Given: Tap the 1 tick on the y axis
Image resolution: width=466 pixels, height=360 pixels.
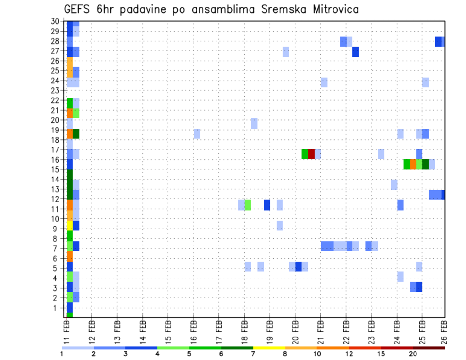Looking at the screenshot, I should pos(57,308).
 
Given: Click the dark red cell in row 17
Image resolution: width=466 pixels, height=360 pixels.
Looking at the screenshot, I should pos(311,154).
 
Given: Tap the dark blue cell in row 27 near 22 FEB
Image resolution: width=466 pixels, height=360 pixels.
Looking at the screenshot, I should pos(355,51).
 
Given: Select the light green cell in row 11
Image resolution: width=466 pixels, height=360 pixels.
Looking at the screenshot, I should pos(248,205).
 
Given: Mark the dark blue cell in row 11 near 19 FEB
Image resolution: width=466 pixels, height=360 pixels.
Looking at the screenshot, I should pos(267,205).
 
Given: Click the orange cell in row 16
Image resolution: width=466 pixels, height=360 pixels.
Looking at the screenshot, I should pos(413,164).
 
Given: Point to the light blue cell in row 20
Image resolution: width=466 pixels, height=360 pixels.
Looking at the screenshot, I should pos(254,123).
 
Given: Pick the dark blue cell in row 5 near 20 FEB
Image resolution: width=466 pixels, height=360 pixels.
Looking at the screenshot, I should pos(299,266).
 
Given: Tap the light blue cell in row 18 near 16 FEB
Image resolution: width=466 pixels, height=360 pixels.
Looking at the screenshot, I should pos(197,133).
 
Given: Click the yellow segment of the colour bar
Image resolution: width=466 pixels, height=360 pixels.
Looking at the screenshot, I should pos(269,348).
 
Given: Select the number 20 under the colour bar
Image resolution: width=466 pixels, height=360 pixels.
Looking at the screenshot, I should pos(413,354).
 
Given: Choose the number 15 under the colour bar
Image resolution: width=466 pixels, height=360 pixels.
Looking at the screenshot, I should pos(381,354).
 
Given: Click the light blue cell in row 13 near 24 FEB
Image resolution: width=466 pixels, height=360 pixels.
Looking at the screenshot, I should pos(394,184).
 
